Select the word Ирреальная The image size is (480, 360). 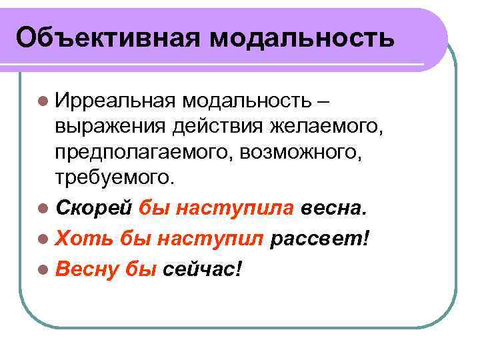115,101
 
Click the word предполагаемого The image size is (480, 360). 145,153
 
